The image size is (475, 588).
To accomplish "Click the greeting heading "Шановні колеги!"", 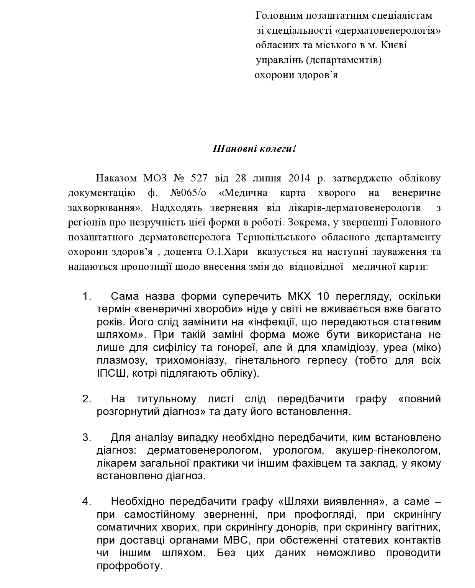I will click(x=254, y=149).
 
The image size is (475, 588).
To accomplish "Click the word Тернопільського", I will click(x=277, y=237).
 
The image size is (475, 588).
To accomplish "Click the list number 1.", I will click(x=87, y=296).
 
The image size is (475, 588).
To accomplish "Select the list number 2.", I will click(x=87, y=399).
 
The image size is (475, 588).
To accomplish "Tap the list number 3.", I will click(x=87, y=437).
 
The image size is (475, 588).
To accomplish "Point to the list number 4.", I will click(x=87, y=501).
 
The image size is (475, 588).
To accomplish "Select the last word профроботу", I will click(x=130, y=565).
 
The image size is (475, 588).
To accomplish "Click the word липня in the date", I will click(x=267, y=178).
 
